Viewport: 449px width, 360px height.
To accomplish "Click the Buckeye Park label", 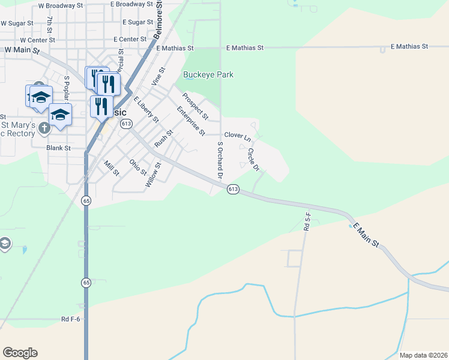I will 208,75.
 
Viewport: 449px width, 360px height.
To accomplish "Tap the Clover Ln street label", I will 237,136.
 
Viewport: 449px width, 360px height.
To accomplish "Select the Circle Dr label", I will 253,160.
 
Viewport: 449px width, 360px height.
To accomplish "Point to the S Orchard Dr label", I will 220,161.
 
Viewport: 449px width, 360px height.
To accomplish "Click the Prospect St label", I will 195,106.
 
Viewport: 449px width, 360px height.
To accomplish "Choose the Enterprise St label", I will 191,121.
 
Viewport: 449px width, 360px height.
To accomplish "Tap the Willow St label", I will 153,175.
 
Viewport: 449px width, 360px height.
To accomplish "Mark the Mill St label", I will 112,168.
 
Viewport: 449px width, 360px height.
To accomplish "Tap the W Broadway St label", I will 60,5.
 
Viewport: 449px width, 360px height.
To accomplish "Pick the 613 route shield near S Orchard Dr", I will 234,189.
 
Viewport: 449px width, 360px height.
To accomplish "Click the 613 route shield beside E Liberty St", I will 125,124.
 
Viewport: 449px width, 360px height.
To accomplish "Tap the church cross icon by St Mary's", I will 44,127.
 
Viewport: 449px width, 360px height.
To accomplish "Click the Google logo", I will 20,353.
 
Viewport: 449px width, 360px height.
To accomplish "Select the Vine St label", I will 158,77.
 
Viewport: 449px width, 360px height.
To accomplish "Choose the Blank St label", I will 58,148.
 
